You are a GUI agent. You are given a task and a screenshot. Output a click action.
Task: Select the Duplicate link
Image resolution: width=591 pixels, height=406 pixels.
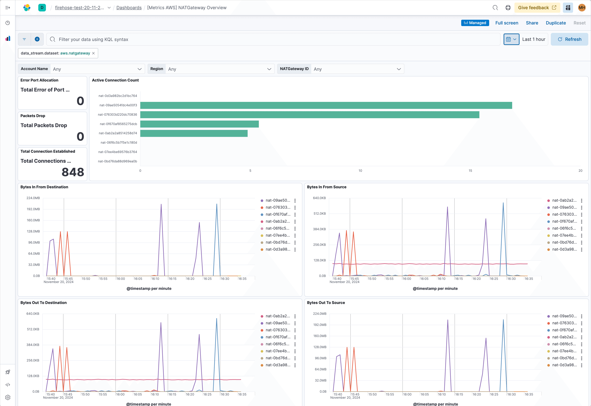click(556, 23)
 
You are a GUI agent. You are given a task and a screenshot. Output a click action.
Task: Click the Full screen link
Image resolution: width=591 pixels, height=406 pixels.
click(507, 23)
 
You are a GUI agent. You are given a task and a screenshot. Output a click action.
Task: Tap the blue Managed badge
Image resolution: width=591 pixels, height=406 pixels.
click(475, 23)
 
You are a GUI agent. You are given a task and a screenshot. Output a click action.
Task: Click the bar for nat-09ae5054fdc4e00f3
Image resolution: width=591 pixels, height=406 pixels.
click(326, 105)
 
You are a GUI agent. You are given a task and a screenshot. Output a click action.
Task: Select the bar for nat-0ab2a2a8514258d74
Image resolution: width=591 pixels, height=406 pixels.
click(194, 133)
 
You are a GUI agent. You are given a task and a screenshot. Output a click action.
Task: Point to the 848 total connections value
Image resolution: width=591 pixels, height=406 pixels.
click(73, 172)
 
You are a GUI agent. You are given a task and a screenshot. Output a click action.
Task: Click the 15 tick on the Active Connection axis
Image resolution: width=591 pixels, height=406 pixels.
click(470, 171)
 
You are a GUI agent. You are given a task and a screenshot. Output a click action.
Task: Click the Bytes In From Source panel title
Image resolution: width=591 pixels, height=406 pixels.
click(326, 187)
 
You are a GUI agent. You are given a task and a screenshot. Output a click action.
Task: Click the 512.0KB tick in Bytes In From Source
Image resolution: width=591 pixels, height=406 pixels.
click(319, 213)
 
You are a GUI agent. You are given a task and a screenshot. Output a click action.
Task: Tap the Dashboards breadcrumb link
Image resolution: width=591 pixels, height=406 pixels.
click(129, 8)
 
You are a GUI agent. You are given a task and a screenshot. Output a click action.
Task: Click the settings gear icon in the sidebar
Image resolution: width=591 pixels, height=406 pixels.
click(8, 397)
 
